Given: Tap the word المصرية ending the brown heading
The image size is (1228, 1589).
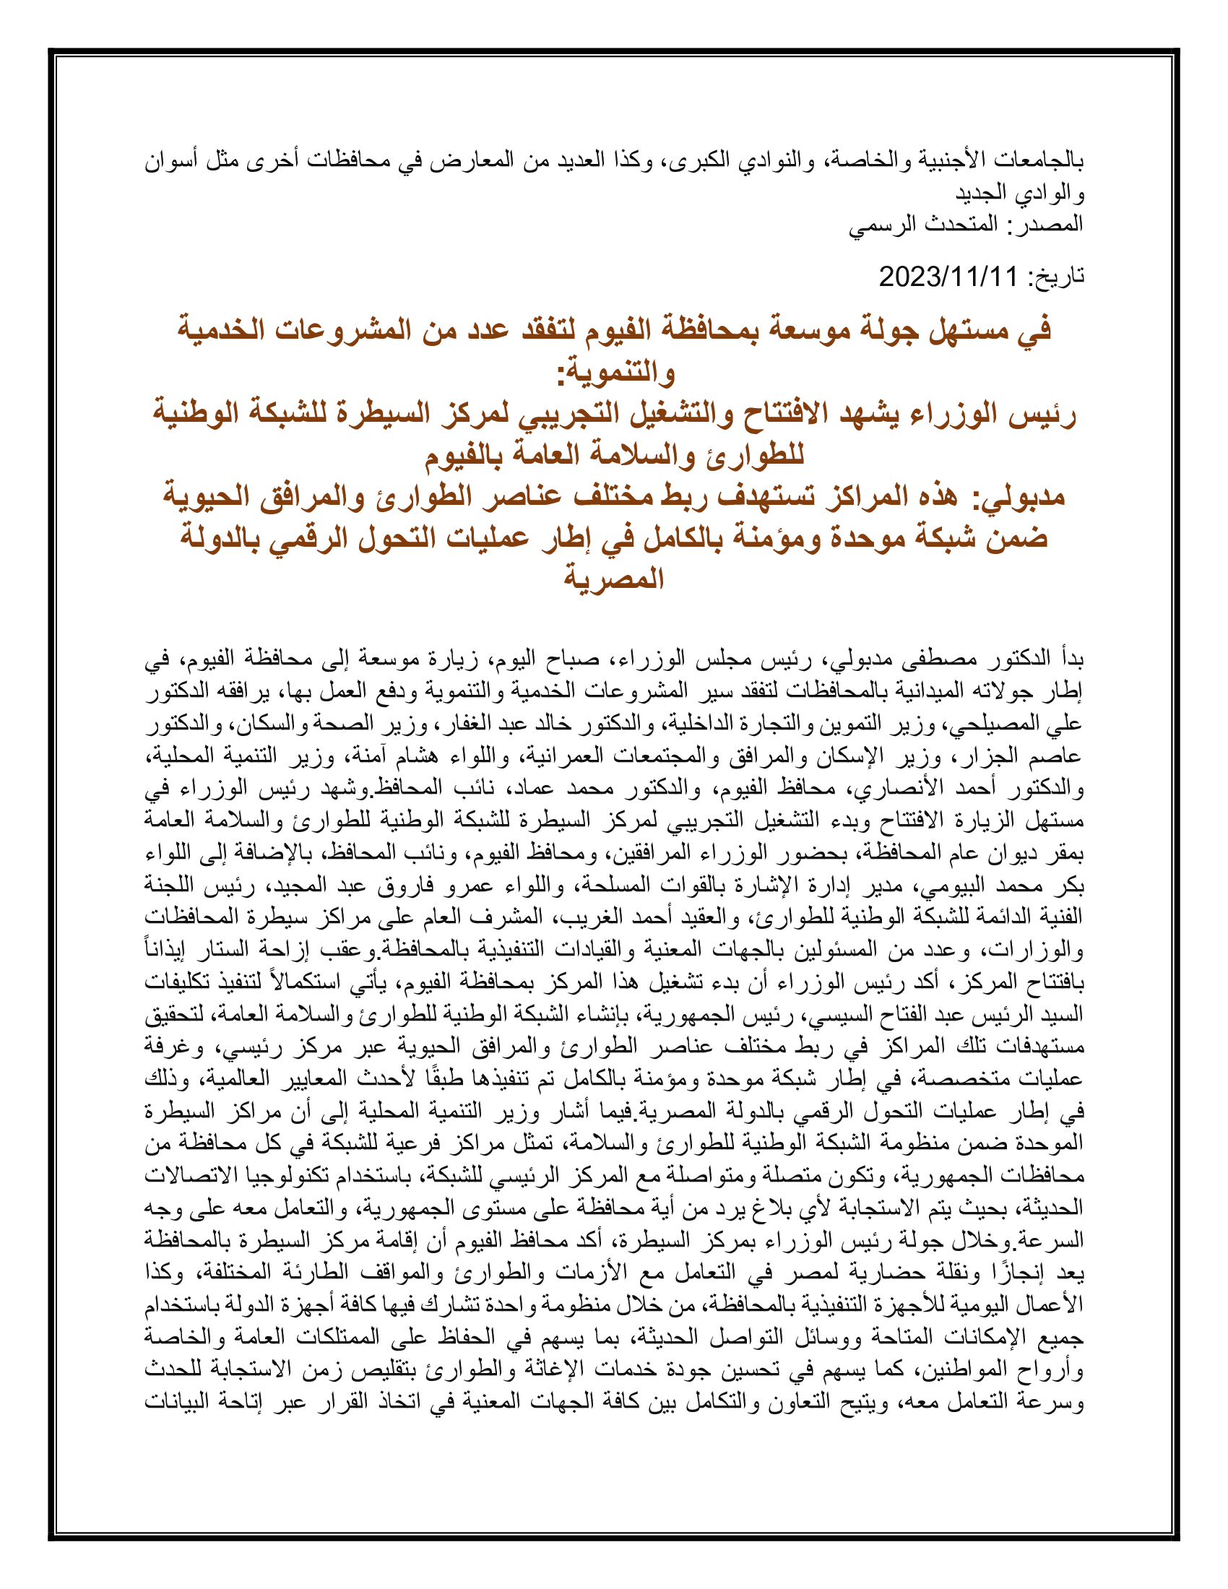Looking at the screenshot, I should click(615, 579).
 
